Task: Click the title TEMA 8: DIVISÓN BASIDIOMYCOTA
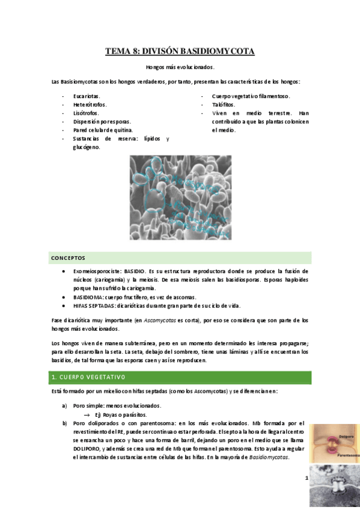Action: [180, 52]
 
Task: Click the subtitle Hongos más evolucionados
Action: [180, 67]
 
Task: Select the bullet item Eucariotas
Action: [87, 96]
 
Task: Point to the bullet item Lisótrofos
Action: [86, 113]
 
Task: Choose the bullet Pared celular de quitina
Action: [102, 130]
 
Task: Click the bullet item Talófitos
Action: [224, 105]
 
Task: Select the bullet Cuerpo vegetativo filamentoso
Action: [251, 96]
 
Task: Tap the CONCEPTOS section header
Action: [68, 258]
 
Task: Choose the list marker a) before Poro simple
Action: [65, 406]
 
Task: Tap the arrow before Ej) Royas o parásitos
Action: [87, 414]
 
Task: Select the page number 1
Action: [307, 478]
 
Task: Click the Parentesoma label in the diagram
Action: [349, 455]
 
